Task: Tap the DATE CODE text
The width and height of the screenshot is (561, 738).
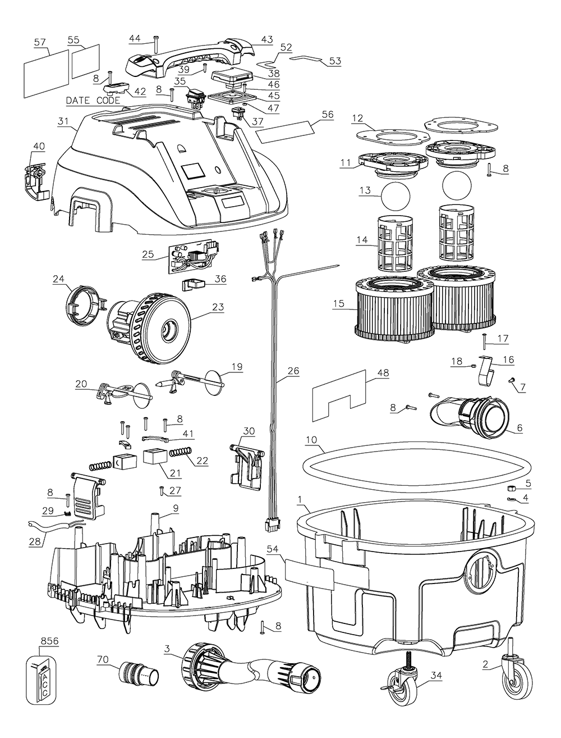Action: click(93, 101)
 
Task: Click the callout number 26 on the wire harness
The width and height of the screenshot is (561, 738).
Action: click(293, 371)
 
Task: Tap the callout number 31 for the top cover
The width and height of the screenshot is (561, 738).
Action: click(62, 121)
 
